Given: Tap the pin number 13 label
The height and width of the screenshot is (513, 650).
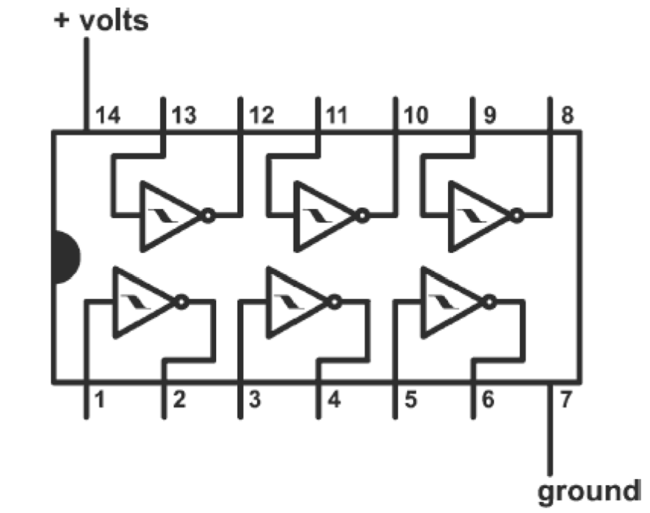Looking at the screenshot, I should coord(184,116).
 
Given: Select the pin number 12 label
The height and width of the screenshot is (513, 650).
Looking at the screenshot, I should coord(262,116).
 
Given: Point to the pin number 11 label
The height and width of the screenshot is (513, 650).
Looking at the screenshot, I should coord(339,116).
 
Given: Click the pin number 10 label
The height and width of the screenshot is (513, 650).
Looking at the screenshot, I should coord(416,116).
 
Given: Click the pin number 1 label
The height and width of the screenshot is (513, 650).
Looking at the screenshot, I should coord(99,401).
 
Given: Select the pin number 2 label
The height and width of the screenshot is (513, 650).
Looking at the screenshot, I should coord(178,401).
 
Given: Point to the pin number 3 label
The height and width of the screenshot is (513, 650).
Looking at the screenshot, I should coord(255,401).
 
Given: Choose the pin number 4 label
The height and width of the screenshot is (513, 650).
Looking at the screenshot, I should coord(333,401).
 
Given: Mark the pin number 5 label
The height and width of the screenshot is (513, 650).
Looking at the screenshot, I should coord(411,401).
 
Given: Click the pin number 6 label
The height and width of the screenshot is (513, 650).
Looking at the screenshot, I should coord(488,401).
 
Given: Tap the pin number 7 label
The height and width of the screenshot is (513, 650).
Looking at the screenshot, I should coord(566,401).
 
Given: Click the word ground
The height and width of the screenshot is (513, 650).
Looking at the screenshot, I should coord(589,490).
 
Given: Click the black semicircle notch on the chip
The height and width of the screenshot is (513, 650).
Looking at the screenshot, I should coord(65,258).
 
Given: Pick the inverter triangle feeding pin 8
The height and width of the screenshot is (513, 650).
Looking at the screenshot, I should coord(476,217).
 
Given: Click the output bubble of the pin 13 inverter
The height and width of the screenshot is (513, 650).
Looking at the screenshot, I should coord(209,217).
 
